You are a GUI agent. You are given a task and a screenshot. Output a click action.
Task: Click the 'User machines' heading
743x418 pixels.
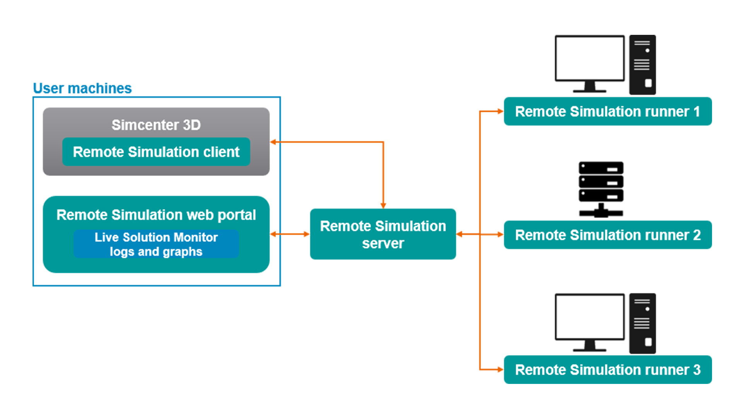tap(82, 88)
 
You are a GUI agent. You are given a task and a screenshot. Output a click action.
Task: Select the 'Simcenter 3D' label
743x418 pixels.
tap(156, 125)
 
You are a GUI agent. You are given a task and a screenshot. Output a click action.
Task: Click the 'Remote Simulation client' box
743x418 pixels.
tap(156, 152)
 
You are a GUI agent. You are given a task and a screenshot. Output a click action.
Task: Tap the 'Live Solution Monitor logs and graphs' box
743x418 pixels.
tap(156, 244)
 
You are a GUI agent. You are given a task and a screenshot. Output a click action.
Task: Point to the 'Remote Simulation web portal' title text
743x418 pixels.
tap(156, 215)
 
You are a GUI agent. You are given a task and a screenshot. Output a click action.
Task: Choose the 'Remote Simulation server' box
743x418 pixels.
tap(383, 234)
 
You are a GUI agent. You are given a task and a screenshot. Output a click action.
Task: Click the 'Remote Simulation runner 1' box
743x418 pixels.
tap(608, 111)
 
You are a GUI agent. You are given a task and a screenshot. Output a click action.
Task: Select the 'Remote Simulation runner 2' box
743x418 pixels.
tap(608, 235)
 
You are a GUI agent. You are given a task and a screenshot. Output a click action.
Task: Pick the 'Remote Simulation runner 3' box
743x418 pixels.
tap(608, 370)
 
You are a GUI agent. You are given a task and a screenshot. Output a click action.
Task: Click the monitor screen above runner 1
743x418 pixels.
tap(589, 58)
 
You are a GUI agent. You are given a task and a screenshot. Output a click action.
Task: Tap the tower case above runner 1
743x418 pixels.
tap(642, 65)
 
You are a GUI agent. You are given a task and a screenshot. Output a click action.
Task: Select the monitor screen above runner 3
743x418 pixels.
tap(589, 317)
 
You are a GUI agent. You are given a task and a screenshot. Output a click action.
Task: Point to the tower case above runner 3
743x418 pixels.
tap(642, 323)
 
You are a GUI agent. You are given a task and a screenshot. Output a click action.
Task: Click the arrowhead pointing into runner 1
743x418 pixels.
tap(500, 111)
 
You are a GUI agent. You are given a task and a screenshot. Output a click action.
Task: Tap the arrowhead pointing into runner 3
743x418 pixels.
tap(500, 370)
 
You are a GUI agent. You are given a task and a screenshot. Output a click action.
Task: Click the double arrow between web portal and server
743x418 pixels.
tap(290, 234)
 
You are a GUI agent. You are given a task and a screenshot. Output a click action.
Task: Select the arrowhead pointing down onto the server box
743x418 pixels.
tap(383, 206)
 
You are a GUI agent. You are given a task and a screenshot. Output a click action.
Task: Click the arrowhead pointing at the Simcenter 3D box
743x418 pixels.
tap(273, 142)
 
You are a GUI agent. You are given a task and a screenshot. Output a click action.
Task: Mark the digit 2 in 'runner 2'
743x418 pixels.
tap(697, 235)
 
